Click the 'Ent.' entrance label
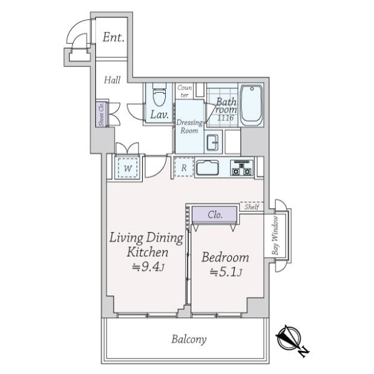(x=113, y=37)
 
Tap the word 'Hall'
(x=112, y=80)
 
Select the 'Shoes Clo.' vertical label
(x=100, y=114)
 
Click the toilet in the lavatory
(x=158, y=96)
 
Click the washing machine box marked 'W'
(x=127, y=168)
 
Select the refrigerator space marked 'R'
(x=184, y=168)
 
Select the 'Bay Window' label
(x=274, y=239)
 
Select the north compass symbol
(x=290, y=338)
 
